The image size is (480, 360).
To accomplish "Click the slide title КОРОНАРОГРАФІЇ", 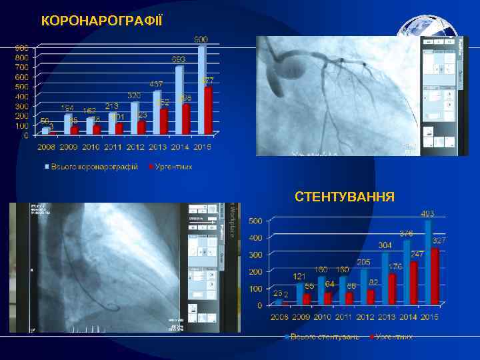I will click(101, 21).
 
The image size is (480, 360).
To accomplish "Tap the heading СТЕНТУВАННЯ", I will click(344, 197).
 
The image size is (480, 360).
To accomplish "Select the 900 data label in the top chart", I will click(201, 40).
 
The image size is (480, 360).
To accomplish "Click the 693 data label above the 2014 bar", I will click(178, 59).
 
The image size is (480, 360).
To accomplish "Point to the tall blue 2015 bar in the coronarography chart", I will click(201, 89).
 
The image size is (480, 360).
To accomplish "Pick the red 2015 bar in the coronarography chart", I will click(208, 110).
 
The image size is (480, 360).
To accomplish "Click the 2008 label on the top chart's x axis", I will click(46, 147).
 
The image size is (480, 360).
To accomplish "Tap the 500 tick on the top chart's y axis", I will click(22, 87).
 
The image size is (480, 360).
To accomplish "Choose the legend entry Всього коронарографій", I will click(94, 167).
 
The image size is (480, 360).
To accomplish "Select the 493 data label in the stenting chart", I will click(427, 214).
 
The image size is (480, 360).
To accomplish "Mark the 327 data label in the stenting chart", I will click(439, 240).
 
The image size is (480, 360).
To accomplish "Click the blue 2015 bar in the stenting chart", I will click(428, 261).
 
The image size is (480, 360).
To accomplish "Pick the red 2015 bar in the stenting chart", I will click(435, 276).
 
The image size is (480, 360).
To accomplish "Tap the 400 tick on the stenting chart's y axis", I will click(255, 238).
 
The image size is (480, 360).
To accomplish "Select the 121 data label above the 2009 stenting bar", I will click(299, 276).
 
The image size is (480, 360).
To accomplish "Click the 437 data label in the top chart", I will click(156, 85).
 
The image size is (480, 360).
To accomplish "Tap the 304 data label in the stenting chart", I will click(385, 245).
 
